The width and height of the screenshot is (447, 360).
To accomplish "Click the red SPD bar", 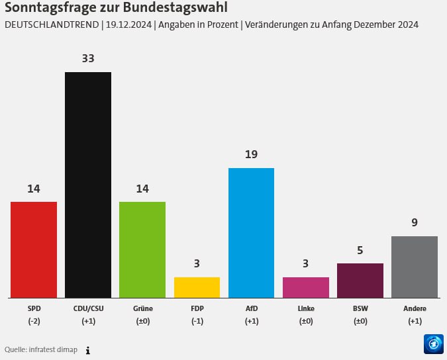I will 34,249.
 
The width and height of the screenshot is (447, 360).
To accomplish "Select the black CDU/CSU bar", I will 88,185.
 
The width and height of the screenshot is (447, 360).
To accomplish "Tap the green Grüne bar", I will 142,249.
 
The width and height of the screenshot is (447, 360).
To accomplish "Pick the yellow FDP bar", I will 197,287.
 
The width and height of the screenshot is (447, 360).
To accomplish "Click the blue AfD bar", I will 251,233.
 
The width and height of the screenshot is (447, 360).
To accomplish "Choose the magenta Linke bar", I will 305,287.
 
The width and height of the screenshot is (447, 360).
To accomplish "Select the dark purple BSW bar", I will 360,281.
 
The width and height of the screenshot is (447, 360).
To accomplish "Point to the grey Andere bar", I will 414,267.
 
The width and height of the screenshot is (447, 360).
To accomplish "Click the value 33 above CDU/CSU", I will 88,58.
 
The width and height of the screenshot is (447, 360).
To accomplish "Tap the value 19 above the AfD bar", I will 251,154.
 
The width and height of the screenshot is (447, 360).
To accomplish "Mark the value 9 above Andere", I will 415,222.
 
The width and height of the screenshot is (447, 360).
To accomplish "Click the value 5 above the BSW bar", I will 360,250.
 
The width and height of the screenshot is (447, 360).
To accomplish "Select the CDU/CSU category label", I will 88,308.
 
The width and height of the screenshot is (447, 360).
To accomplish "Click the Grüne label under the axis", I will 142,308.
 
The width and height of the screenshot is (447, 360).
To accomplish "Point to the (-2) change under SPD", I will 34,321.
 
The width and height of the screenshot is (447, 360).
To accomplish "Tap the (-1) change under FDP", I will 197,321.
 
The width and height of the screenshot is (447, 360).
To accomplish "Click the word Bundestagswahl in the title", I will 174,9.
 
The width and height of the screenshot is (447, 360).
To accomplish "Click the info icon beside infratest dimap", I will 87,350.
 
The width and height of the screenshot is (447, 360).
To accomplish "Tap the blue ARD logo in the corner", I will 433,343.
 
